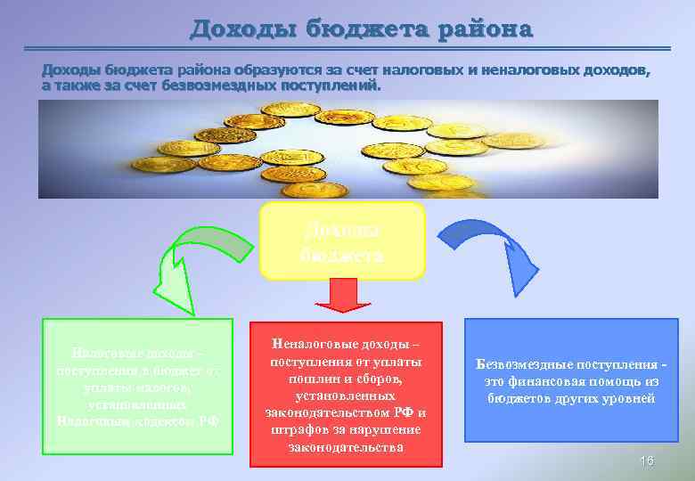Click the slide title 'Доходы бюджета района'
pyautogui.click(x=361, y=29)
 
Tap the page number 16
pyautogui.click(x=647, y=460)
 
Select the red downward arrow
pyautogui.click(x=344, y=296)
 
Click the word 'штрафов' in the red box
pyautogui.click(x=293, y=429)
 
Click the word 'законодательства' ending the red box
pyautogui.click(x=346, y=446)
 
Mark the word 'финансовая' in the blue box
pyautogui.click(x=544, y=382)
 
